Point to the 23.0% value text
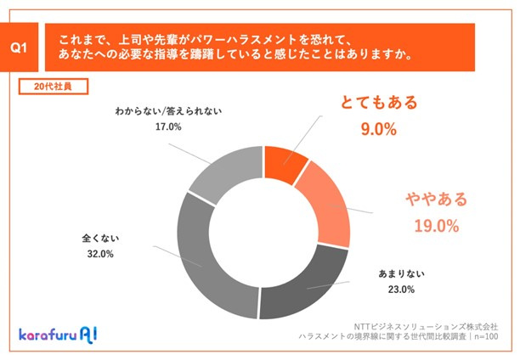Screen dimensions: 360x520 [x=398, y=290]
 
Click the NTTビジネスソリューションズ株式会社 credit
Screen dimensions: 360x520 [x=432, y=323]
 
